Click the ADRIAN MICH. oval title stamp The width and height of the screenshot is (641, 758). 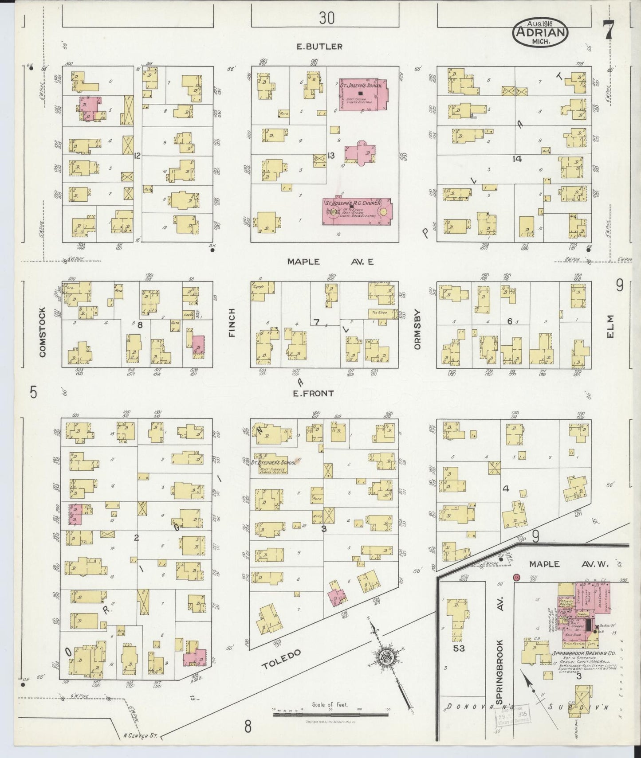tap(540, 32)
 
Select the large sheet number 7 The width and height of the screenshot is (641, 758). tap(608, 30)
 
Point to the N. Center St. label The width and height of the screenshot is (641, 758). tap(138, 737)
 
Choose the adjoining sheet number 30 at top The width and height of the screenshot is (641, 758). tap(326, 18)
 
